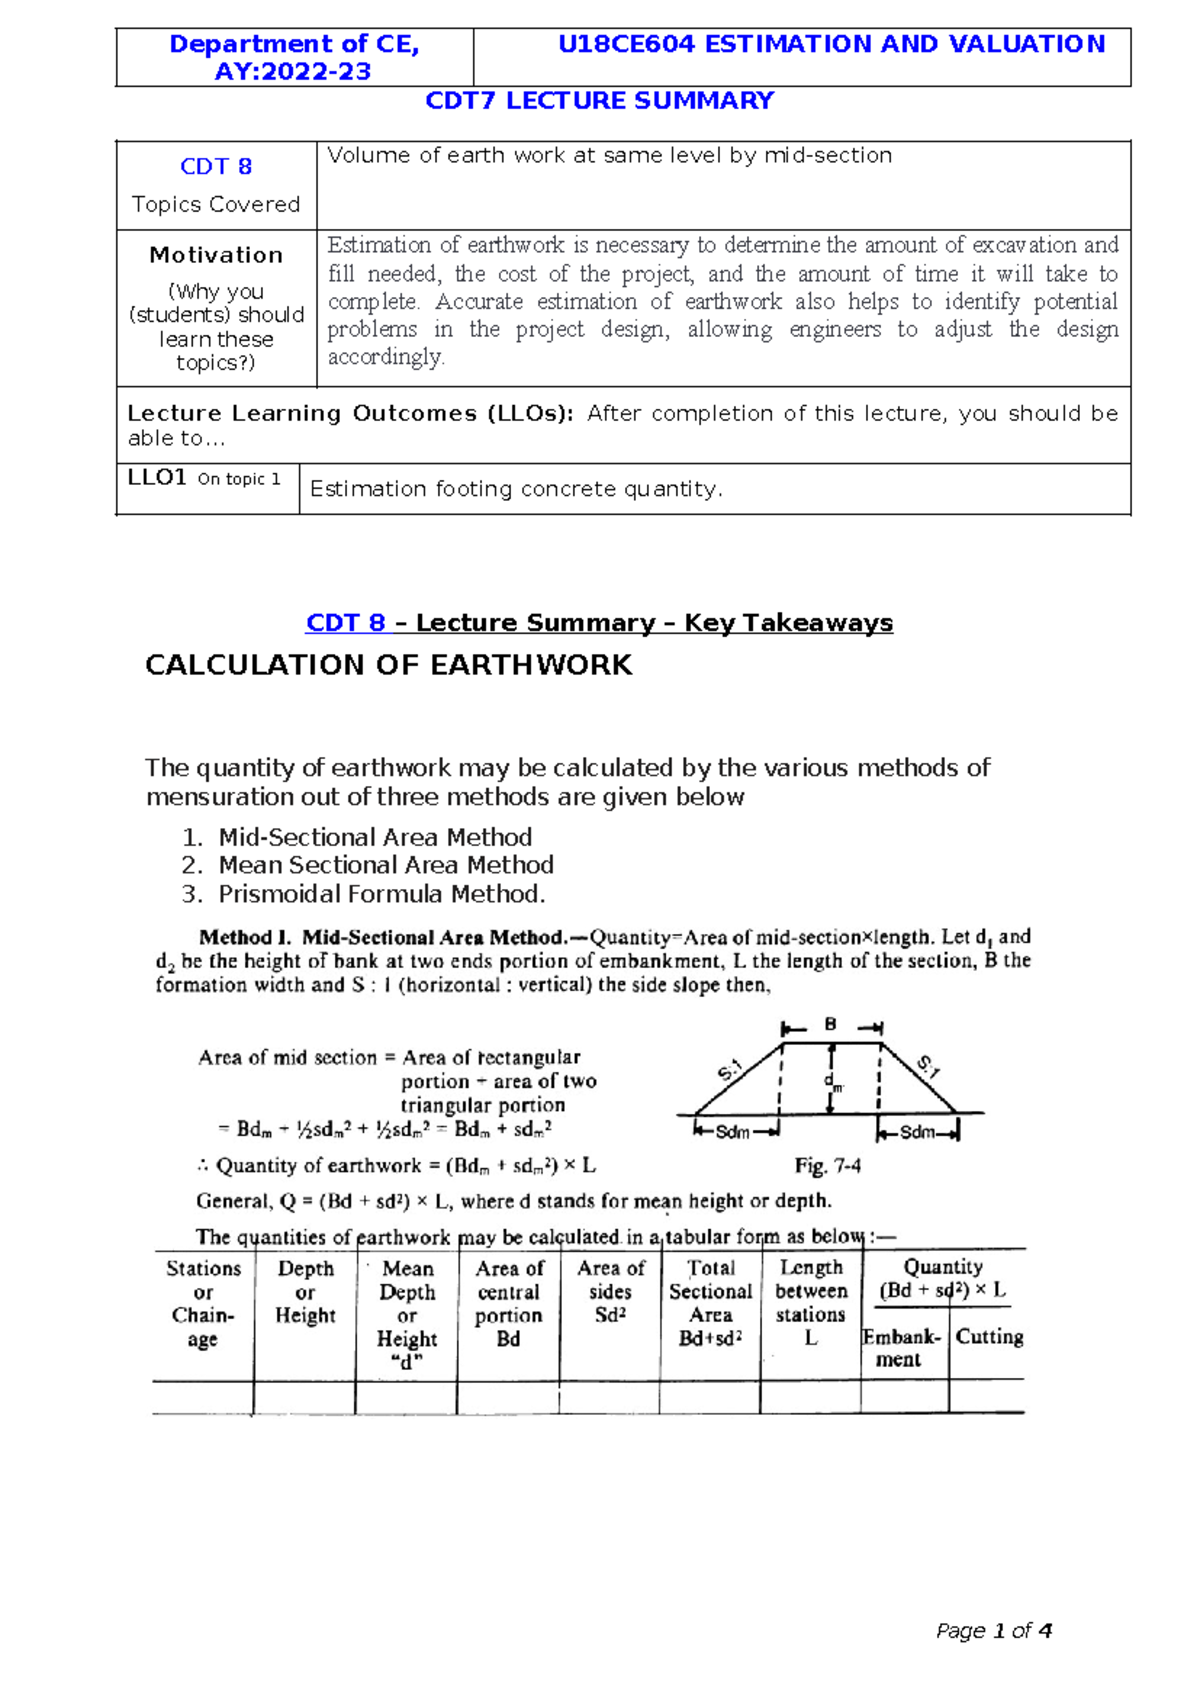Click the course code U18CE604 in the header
[x=625, y=44]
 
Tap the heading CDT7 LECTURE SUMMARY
[x=599, y=101]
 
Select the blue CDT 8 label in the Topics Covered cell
[x=216, y=166]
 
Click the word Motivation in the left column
[x=216, y=255]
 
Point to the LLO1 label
[x=157, y=478]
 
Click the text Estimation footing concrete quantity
[x=516, y=489]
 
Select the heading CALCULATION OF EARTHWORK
[x=388, y=665]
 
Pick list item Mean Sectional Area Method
[x=386, y=865]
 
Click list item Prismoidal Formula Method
[x=382, y=894]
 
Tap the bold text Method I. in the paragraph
[x=245, y=937]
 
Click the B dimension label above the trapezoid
[x=830, y=1025]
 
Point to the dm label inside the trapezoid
[x=834, y=1082]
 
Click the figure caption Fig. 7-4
[x=828, y=1166]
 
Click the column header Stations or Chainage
[x=203, y=1303]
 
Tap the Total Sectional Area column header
[x=710, y=1303]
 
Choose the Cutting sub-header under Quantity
[x=989, y=1337]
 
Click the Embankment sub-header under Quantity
[x=901, y=1348]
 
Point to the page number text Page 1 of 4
[x=993, y=1631]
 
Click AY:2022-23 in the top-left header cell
[x=292, y=72]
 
